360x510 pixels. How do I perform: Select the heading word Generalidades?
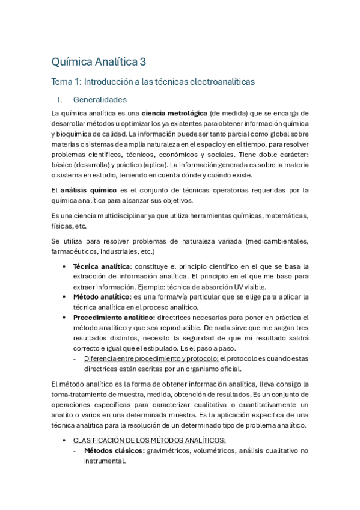(100, 99)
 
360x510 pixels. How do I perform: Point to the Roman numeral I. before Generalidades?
(59, 99)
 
